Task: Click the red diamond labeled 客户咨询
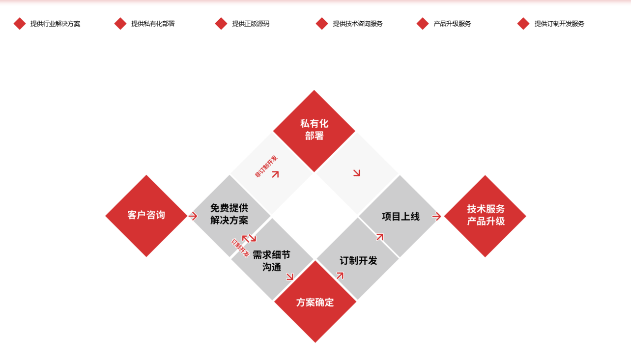(146, 216)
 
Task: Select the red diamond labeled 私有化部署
(314, 130)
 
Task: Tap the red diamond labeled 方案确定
(315, 302)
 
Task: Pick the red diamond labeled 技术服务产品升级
(485, 216)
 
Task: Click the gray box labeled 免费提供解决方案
(229, 214)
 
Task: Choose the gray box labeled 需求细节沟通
(272, 260)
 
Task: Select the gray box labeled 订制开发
(358, 260)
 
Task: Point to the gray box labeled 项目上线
(401, 216)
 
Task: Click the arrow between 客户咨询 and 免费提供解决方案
(193, 216)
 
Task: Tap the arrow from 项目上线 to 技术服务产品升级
(436, 216)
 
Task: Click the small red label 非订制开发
(266, 166)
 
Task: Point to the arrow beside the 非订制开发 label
(275, 174)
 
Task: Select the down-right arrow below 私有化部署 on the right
(356, 172)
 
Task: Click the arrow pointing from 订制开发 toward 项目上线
(379, 237)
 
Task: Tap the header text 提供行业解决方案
(55, 24)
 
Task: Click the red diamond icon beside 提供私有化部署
(120, 24)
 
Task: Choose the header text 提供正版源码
(251, 24)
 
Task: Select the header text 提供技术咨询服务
(357, 24)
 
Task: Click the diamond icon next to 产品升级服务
(423, 24)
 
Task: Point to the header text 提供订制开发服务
(559, 24)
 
